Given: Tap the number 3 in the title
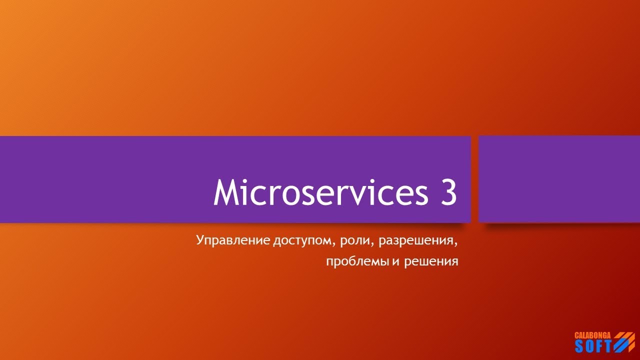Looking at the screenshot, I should click(x=448, y=192).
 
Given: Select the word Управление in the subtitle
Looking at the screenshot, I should click(x=233, y=241).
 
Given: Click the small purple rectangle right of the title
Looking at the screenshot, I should click(x=559, y=179).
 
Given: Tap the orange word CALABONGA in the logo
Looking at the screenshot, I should click(x=593, y=334).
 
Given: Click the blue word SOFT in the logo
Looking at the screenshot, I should click(x=593, y=346).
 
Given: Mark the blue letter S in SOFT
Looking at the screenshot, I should click(x=579, y=346).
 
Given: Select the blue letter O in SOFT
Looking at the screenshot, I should click(x=589, y=346).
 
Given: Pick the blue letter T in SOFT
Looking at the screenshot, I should click(x=607, y=346).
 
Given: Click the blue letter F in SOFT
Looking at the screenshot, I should click(x=598, y=346).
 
